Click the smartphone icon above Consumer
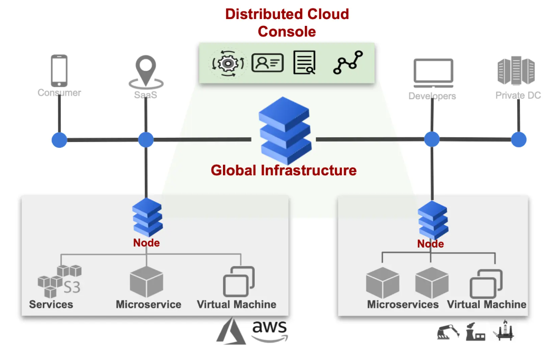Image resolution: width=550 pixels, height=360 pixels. [59, 71]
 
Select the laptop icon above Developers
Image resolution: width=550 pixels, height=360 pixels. [433, 74]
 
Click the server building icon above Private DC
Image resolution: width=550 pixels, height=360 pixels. [516, 72]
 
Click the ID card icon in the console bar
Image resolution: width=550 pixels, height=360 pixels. [267, 63]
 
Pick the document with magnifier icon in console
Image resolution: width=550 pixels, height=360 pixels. [304, 63]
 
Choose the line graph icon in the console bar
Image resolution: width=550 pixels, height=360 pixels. [348, 63]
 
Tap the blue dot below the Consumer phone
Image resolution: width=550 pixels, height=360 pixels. [59, 140]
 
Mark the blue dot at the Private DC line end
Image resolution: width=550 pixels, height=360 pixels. [519, 139]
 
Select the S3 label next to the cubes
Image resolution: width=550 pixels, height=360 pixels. [72, 287]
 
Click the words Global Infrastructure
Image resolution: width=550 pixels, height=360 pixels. [284, 170]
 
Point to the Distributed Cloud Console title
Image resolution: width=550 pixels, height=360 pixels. [287, 22]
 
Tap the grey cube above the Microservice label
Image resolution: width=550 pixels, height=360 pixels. [146, 282]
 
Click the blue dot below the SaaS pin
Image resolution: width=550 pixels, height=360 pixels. [146, 140]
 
